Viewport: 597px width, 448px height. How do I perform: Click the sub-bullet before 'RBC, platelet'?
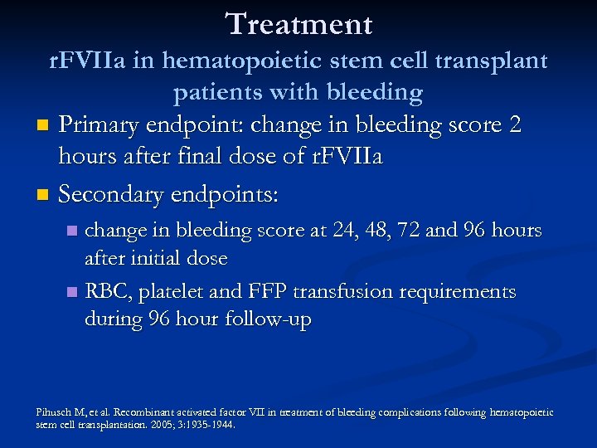coord(72,292)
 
